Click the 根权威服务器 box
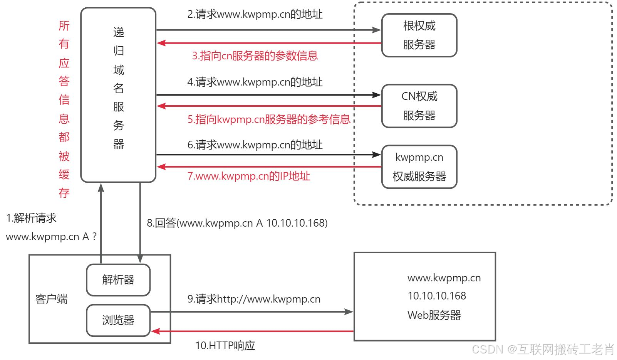tap(419, 35)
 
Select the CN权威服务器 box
tap(419, 106)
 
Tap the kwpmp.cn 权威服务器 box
tap(419, 167)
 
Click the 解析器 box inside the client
tap(118, 280)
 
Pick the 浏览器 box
tap(118, 320)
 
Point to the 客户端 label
tap(51, 299)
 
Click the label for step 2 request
tap(255, 14)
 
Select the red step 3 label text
tap(255, 56)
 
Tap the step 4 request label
tap(255, 82)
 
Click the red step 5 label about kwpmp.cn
tap(269, 119)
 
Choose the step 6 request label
tap(255, 145)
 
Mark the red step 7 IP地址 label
tap(249, 176)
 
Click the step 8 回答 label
tap(237, 223)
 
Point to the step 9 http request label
tap(254, 299)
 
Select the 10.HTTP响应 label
tap(225, 345)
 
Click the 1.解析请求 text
tap(31, 218)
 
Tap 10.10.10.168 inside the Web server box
tap(437, 296)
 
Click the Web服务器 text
tap(434, 315)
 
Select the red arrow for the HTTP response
tap(252, 331)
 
